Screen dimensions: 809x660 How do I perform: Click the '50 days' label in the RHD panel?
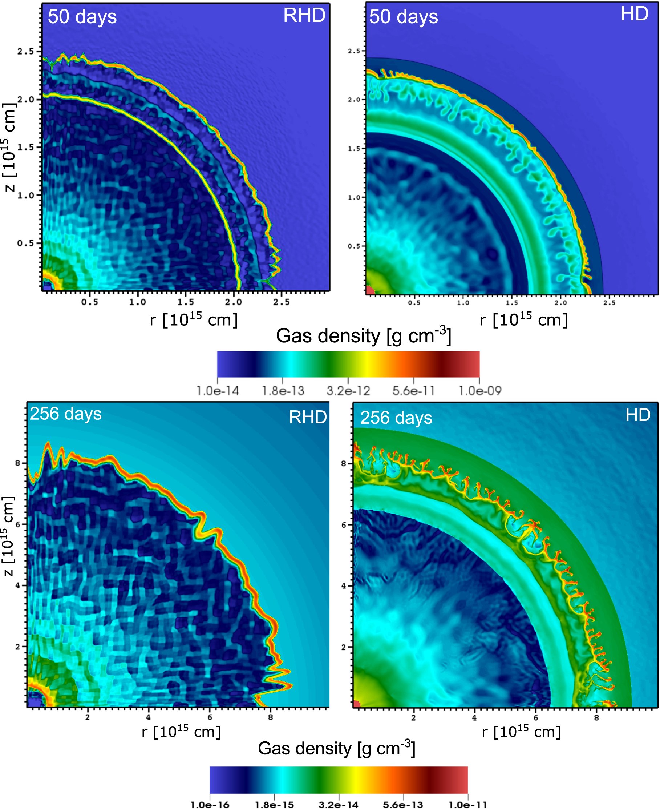tap(82, 17)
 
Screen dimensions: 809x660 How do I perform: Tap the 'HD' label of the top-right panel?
tap(634, 15)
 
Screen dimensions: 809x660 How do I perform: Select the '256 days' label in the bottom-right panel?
tap(396, 418)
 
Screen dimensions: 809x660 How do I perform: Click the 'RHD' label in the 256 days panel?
tap(308, 417)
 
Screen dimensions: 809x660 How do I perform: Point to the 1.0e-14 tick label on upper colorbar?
tap(218, 391)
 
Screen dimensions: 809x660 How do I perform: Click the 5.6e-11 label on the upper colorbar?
tap(413, 391)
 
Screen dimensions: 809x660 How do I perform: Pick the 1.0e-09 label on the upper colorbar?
tap(480, 391)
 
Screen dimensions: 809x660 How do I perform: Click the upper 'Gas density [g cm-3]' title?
tap(363, 336)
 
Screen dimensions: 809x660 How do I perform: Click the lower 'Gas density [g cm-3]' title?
tap(336, 749)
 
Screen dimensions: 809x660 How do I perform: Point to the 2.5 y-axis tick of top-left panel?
tap(25, 51)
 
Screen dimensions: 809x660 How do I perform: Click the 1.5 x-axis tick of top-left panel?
tap(186, 302)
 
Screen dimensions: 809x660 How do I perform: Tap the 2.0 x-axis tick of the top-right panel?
tap(560, 303)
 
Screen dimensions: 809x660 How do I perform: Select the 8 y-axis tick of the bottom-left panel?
tap(18, 463)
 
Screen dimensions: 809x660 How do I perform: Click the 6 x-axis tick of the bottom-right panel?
tap(536, 718)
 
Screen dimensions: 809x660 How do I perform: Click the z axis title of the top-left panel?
tap(9, 148)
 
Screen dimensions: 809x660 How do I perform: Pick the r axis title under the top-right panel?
tap(523, 320)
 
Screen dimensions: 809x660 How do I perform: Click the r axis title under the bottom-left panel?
tap(181, 732)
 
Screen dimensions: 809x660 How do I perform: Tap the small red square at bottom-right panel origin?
tap(357, 704)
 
